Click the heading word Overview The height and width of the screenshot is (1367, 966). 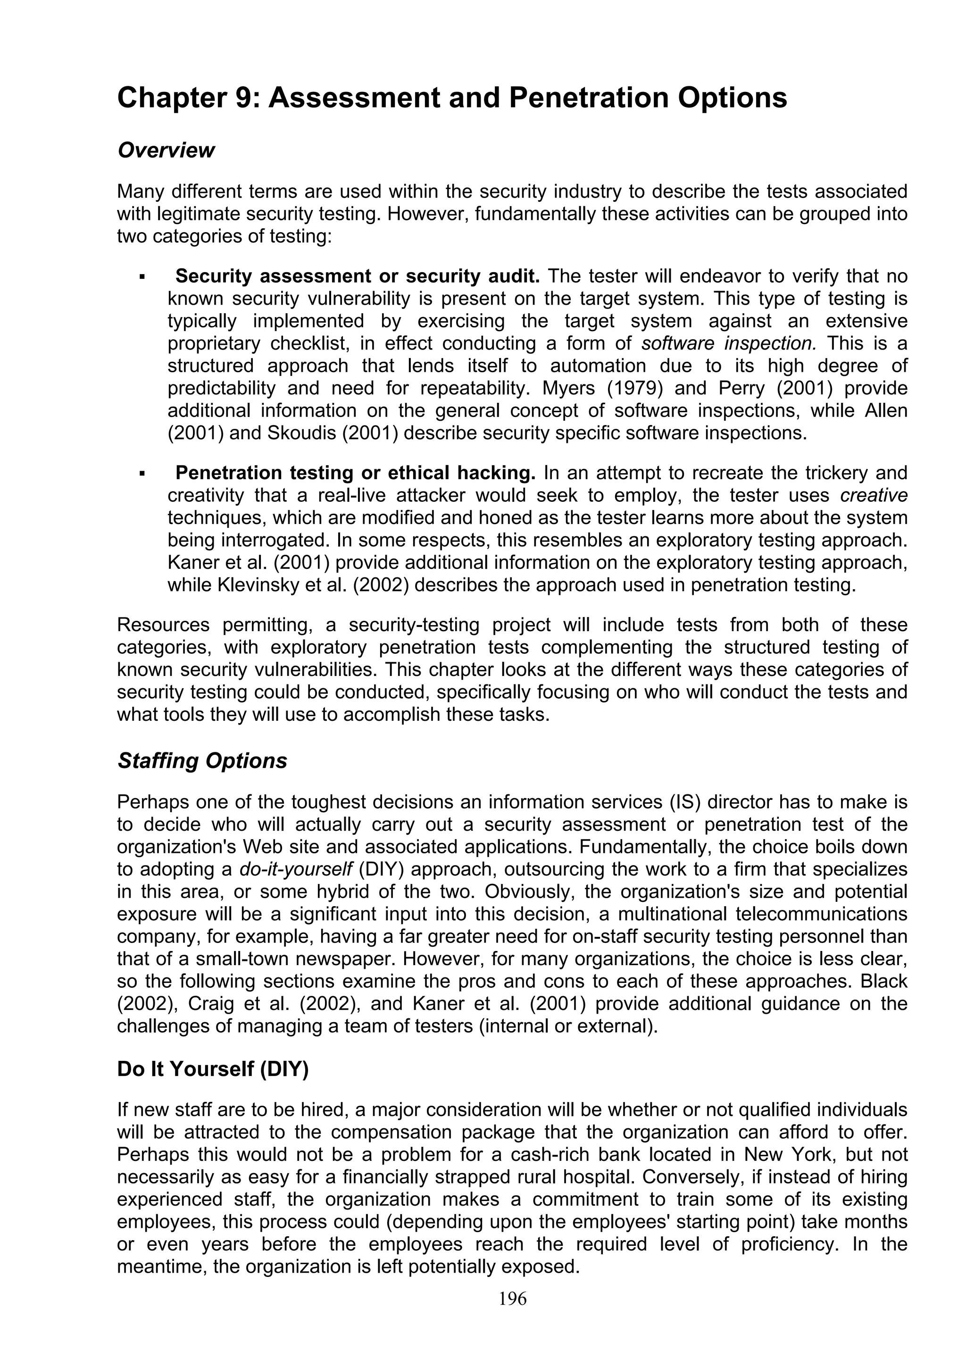[166, 150]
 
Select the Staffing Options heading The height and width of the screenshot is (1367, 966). [202, 761]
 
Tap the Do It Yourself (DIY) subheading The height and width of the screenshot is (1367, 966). [212, 1069]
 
